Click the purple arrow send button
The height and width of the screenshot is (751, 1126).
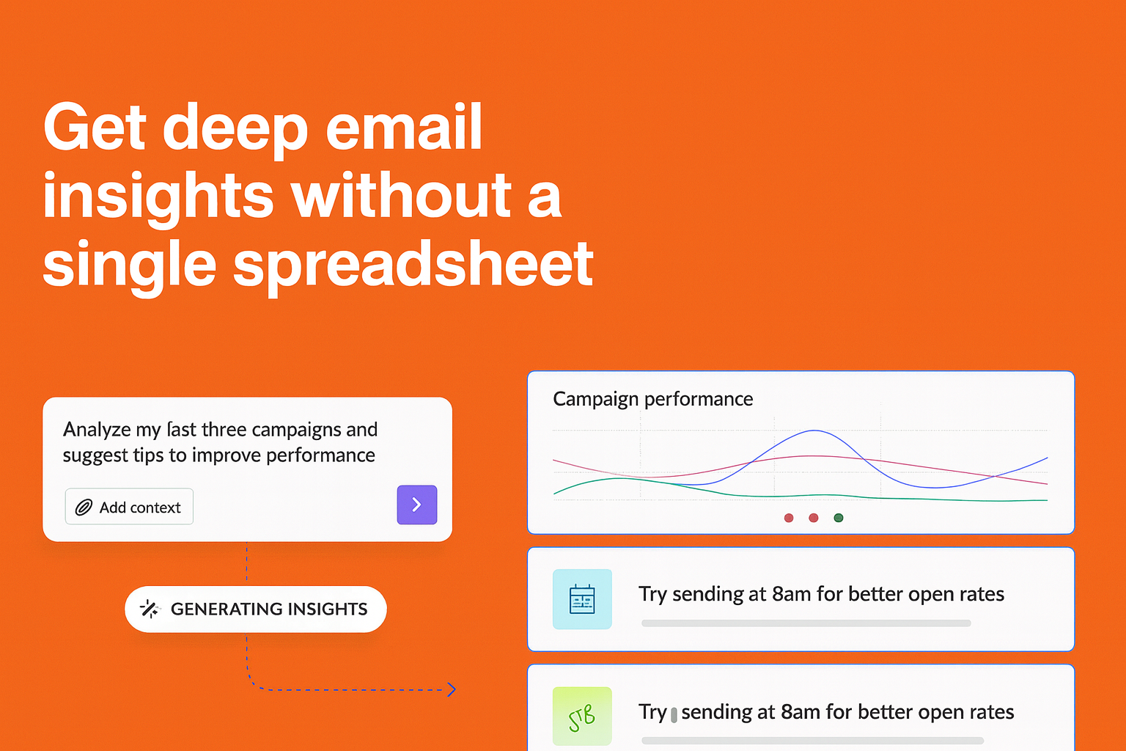tap(416, 505)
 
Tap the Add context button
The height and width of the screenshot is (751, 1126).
tap(129, 507)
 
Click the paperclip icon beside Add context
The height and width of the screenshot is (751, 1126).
tap(84, 508)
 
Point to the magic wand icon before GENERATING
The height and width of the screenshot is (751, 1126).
tap(150, 609)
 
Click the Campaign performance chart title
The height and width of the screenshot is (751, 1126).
tap(652, 399)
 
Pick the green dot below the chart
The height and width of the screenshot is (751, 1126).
tap(839, 518)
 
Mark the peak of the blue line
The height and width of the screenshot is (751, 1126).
tap(814, 431)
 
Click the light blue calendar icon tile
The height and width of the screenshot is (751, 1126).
tap(582, 599)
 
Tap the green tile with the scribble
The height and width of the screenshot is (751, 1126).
tap(582, 717)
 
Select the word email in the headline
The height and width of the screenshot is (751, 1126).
tap(403, 128)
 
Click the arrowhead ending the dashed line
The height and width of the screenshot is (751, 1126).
tap(452, 689)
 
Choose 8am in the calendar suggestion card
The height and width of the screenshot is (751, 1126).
tap(791, 594)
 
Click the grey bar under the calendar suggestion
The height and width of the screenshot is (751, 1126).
tap(806, 623)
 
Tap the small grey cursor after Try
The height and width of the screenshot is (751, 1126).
tap(674, 714)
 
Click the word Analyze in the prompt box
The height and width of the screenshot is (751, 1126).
tap(97, 430)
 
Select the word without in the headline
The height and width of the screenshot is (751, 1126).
tap(401, 197)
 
